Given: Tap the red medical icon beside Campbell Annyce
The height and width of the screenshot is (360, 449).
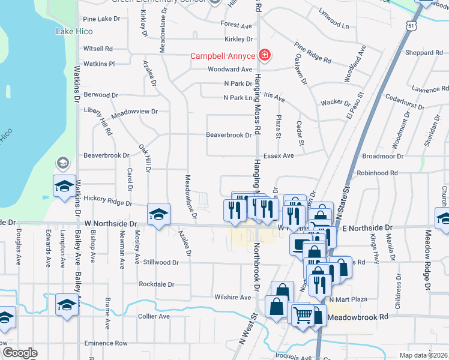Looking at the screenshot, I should coord(264,56).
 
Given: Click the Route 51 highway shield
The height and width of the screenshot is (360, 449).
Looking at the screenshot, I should coord(410,26).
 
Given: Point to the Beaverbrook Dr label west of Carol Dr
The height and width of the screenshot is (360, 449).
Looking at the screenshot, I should coord(106,155).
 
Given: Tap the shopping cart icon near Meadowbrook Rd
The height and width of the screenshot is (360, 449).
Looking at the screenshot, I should coord(302,313).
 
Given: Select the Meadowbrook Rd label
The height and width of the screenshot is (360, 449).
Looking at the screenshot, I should coord(358,316).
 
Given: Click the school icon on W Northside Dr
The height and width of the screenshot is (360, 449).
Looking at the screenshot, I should coord(158,215).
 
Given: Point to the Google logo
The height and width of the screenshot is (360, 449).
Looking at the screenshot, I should coord(20,353).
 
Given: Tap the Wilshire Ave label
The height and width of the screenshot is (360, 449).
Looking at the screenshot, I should coord(232,297).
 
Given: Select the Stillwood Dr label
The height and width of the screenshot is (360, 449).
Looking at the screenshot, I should coord(161,262).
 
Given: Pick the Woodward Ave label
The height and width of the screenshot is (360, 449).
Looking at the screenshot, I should coord(229,70).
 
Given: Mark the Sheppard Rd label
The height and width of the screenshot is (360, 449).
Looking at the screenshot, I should coord(424,52).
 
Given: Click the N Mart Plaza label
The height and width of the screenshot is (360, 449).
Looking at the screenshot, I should coord(348,299).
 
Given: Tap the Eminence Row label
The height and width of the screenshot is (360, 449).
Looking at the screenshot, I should coord(106,343).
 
